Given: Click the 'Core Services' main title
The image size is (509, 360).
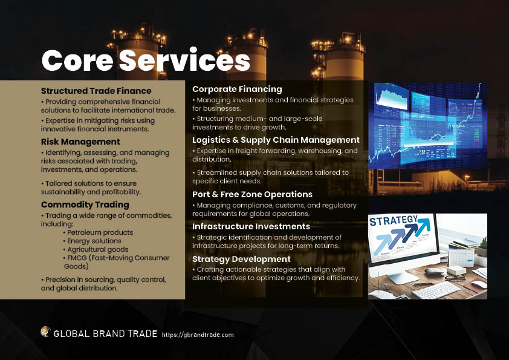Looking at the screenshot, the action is tap(146, 61).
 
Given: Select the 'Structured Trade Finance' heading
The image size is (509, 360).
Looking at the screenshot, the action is tap(96, 91).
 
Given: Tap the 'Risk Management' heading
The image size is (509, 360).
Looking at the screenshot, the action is tap(80, 142).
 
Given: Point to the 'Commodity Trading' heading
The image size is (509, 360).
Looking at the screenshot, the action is tap(85, 205).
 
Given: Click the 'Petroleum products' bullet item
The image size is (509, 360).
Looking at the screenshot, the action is tap(98, 232).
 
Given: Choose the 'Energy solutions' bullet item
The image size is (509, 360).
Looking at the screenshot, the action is tap(92, 241).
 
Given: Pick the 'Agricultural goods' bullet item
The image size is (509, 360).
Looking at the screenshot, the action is tap(96, 249).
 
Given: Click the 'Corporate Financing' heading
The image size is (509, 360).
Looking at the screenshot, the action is tap(237, 89).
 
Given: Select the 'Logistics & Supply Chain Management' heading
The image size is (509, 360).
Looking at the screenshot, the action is tap(276, 140).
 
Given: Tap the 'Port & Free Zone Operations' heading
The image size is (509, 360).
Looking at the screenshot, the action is tap(252, 194).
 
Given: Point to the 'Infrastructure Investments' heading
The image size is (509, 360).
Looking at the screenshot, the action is tap(251, 226).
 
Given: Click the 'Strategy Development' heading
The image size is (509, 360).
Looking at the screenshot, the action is tap(241, 259).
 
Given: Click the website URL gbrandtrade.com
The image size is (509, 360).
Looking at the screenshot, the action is tap(198, 335).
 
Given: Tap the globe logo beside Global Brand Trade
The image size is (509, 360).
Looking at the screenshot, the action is tap(45, 332).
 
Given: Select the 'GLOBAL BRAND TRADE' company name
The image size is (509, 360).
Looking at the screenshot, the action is tap(106, 334).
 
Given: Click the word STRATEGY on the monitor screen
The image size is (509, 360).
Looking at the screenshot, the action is tap(394, 221).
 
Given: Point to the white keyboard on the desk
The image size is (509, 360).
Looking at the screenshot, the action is tap(436, 290).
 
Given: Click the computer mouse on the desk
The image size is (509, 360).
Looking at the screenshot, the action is tap(479, 284).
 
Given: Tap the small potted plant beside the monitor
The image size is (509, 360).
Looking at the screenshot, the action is tap(482, 247).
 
